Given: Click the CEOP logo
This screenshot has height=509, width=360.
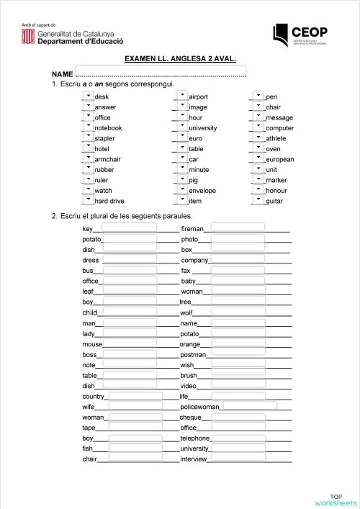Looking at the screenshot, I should click(x=300, y=33).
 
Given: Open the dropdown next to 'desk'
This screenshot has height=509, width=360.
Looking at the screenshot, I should click(x=88, y=96).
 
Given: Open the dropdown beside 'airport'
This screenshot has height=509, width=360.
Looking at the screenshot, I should click(x=182, y=96).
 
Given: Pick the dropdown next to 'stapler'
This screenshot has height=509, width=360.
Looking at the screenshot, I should click(x=88, y=137).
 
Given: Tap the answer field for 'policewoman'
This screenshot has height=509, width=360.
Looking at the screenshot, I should click(x=249, y=405).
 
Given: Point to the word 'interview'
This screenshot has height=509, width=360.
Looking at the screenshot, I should click(x=194, y=459).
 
